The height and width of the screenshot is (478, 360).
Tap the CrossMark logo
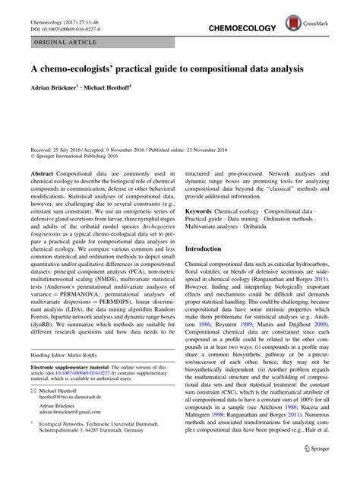[x=325, y=16]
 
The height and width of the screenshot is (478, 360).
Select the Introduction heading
[x=216, y=249]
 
